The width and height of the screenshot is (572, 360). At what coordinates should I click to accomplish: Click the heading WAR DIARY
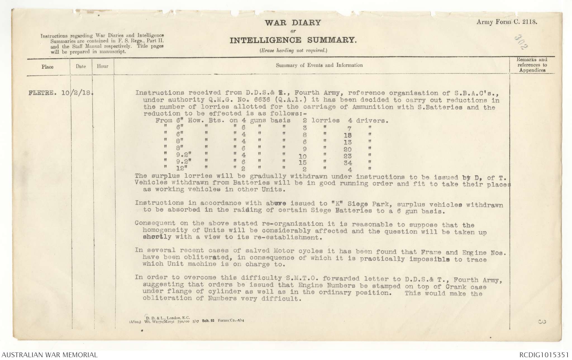[293, 23]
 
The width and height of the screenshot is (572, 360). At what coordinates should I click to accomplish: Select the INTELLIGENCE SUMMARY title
[293, 41]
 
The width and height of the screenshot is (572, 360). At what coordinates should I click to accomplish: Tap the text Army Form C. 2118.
[507, 22]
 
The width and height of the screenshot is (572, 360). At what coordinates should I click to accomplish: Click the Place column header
[47, 67]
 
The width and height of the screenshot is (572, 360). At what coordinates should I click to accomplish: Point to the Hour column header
[103, 66]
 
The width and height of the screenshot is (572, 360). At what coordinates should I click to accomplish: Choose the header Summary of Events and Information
[319, 65]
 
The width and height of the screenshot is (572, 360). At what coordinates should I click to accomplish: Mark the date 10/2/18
[77, 93]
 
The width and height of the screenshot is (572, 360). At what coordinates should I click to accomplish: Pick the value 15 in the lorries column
[302, 163]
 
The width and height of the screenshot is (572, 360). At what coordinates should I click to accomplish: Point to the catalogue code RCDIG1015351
[544, 355]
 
